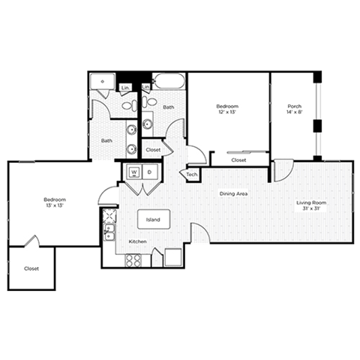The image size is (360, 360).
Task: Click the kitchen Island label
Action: point(153,220)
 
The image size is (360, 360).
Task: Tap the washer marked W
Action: point(134,172)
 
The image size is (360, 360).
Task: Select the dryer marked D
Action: point(149,172)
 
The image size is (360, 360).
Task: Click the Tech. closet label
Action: point(191,175)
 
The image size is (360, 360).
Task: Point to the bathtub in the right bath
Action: point(169,81)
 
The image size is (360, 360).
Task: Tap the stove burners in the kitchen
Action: point(133,260)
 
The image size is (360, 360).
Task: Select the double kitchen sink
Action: point(108,220)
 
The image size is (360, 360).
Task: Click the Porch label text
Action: point(294,106)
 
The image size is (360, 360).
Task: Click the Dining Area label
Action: point(233,194)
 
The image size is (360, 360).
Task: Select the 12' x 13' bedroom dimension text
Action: point(227,112)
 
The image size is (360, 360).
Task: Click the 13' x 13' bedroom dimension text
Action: point(55,205)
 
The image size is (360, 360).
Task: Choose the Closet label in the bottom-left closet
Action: point(31,268)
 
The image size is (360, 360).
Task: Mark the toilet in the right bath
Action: point(151,100)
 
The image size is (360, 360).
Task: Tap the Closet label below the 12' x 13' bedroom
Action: point(238,160)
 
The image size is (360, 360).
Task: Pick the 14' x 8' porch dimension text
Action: point(294,112)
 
